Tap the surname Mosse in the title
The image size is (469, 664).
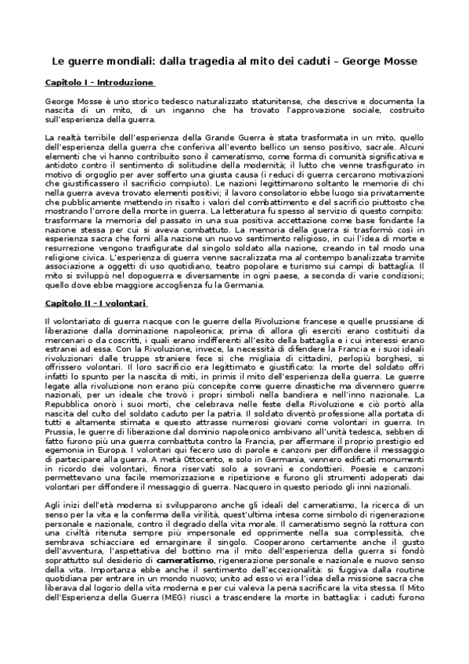pyautogui.click(x=399, y=60)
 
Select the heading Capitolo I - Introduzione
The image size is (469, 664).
pyautogui.click(x=99, y=82)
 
